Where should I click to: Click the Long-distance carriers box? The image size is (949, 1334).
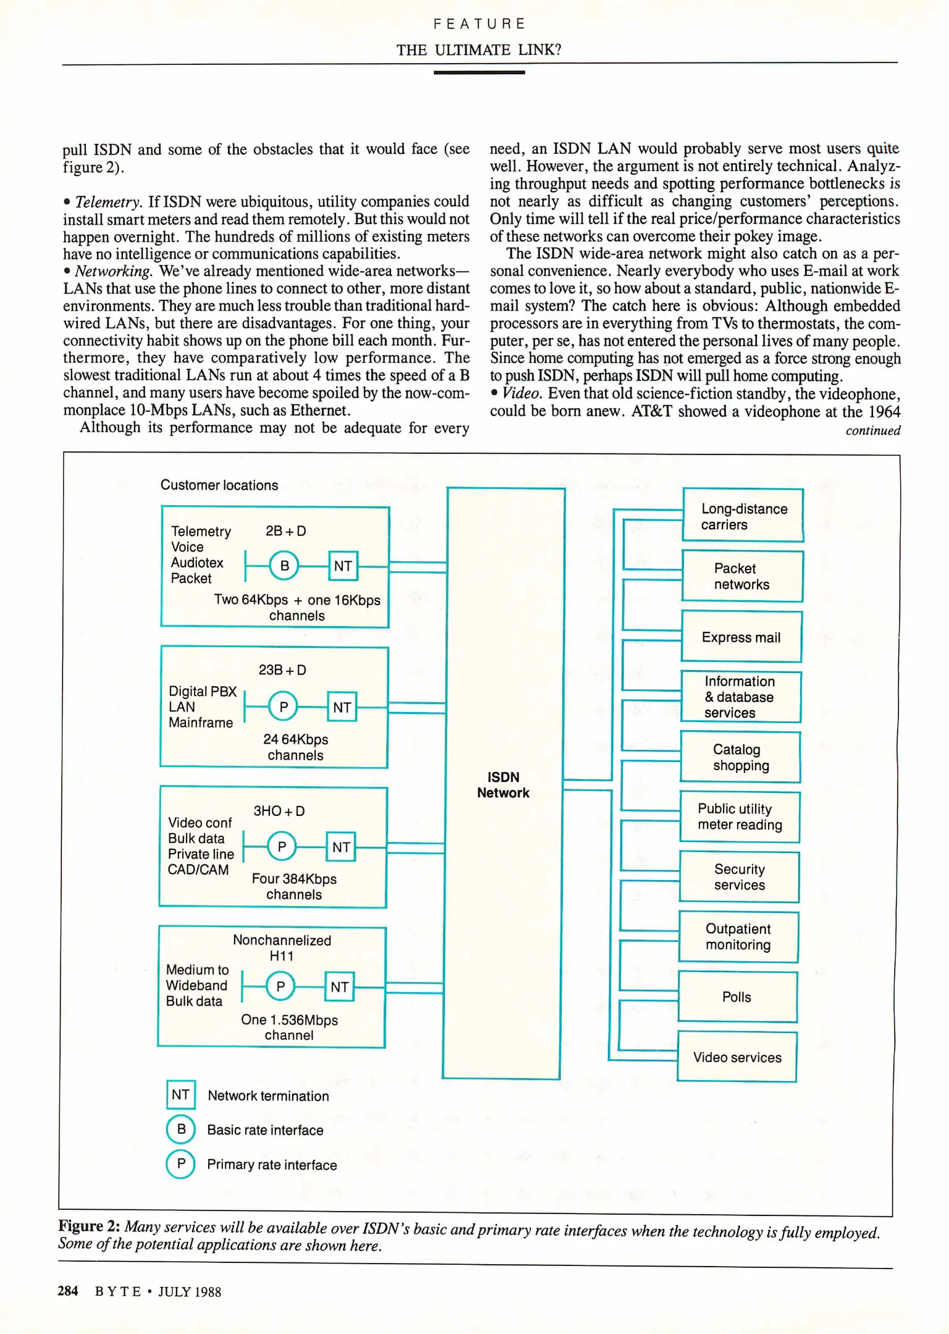point(743,516)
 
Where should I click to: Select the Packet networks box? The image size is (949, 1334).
point(742,576)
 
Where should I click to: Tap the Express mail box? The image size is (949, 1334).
point(741,637)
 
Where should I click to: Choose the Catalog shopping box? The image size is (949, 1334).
point(740,757)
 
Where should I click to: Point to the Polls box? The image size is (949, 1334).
point(737,997)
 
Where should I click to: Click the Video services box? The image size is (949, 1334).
point(737,1057)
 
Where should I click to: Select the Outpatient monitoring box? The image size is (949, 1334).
point(738,937)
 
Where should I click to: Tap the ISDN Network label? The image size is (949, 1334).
point(503,785)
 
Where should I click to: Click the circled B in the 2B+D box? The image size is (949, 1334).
point(284,565)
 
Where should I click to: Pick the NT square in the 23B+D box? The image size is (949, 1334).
point(342,707)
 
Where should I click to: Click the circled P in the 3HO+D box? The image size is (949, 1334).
point(282,846)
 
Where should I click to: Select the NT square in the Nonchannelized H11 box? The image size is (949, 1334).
point(340,987)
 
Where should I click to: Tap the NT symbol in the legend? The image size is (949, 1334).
point(181,1095)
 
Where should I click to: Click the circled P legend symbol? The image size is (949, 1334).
point(181,1164)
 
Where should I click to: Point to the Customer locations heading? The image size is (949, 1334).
point(219,485)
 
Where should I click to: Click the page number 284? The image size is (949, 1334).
point(68,1291)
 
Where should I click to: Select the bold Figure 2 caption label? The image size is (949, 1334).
point(89,1226)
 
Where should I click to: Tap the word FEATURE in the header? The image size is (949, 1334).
point(479,23)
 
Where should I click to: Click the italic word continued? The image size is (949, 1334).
point(872,430)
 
